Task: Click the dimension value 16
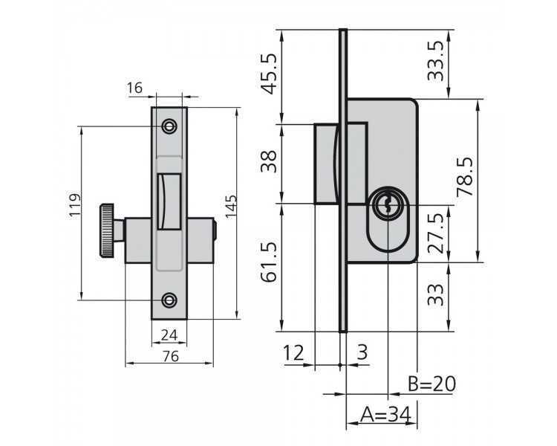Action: coord(134,88)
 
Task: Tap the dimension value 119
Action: coord(75,205)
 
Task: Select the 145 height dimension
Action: coord(231,206)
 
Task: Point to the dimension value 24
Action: coord(169,335)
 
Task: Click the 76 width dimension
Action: coord(170,356)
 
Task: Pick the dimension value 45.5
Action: coord(269,74)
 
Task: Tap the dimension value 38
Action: coord(269,161)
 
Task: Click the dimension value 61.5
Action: coord(269,262)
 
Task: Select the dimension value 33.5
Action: coord(435,61)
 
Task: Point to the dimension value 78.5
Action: coord(465,176)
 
